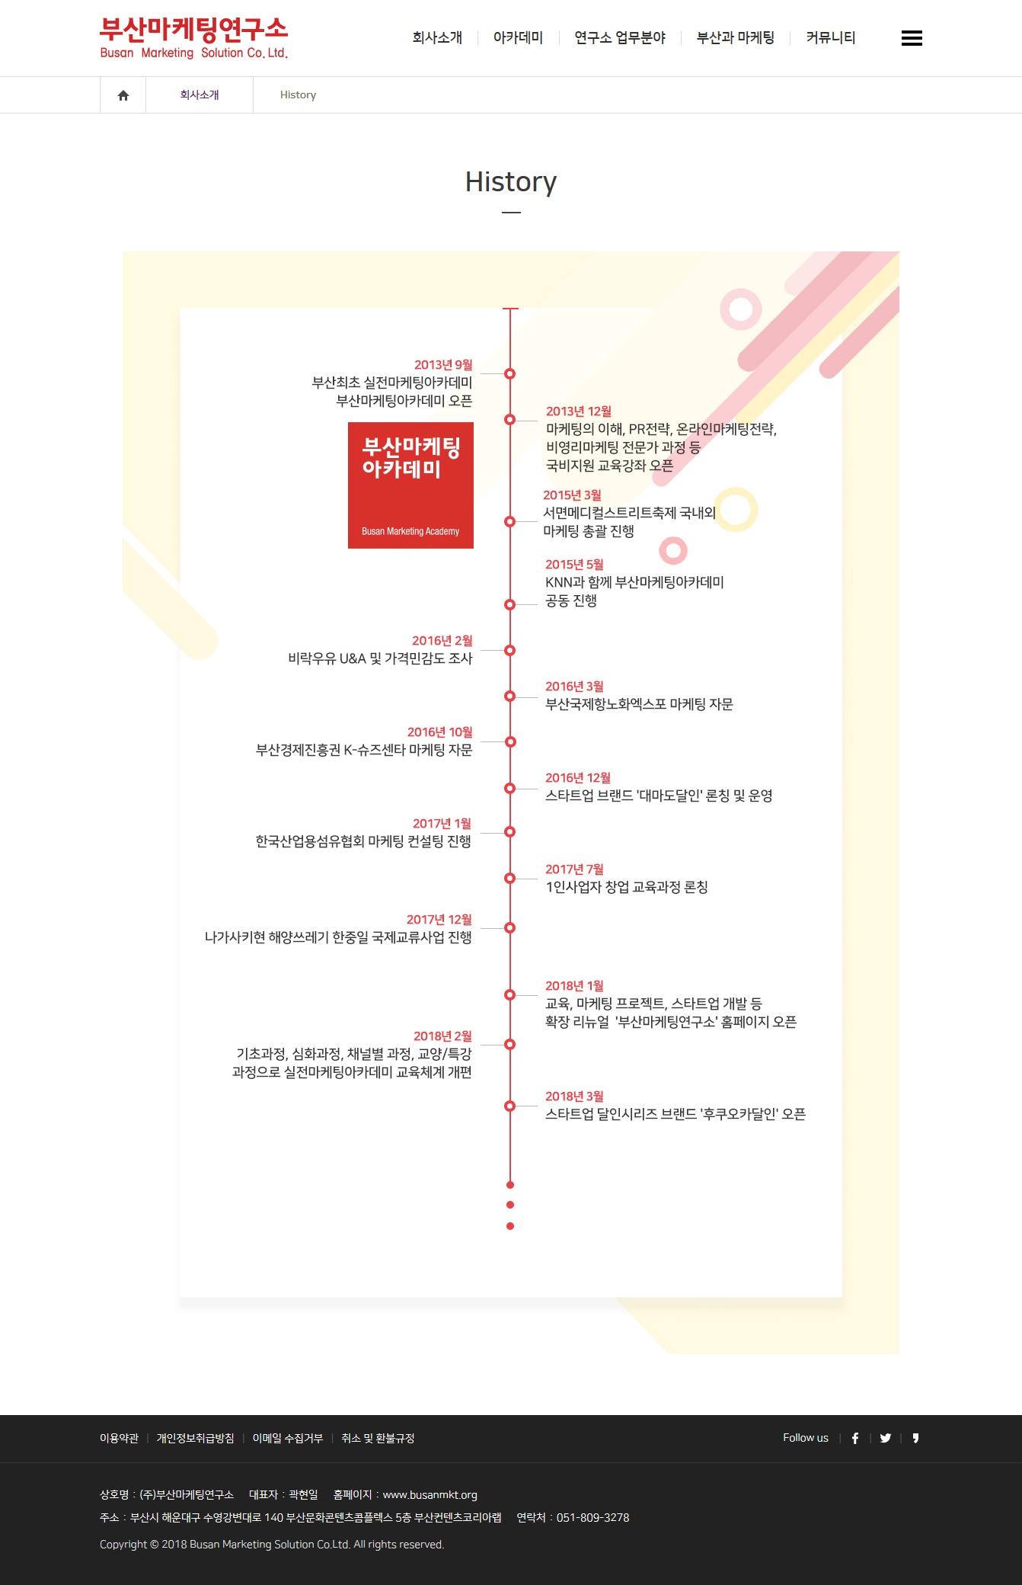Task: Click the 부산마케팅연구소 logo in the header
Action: [x=193, y=38]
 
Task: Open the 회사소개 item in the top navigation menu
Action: [x=437, y=37]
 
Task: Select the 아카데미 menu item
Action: [x=518, y=37]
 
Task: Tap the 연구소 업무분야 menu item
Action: [x=620, y=37]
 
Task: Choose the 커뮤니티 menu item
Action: [x=831, y=37]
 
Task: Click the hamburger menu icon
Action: [x=912, y=38]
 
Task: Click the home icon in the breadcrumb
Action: [x=123, y=95]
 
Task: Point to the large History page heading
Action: [x=511, y=182]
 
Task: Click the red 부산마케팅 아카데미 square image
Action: [x=410, y=485]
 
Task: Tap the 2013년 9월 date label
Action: [x=443, y=365]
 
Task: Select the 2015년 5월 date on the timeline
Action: [x=574, y=565]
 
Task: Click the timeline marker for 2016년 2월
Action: [x=510, y=651]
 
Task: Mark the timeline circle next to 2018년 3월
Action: [x=510, y=1106]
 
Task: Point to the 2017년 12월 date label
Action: [x=439, y=920]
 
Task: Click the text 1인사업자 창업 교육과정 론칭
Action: [x=627, y=887]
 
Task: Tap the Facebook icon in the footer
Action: [x=855, y=1438]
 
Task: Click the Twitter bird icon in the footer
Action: [x=886, y=1438]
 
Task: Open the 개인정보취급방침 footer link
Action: [x=195, y=1438]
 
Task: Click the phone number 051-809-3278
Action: [x=592, y=1517]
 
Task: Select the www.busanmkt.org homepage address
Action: [x=430, y=1494]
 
